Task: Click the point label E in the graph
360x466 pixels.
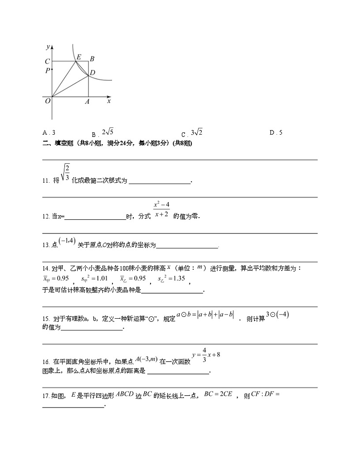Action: coord(79,57)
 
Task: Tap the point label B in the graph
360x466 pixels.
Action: coord(92,58)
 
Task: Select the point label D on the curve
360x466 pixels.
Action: coord(93,73)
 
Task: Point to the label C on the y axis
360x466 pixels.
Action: coord(47,62)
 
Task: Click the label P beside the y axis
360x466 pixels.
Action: coord(47,71)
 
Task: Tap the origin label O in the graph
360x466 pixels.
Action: coord(47,101)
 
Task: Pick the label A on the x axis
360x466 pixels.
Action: coord(87,102)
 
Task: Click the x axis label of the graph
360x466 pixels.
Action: coord(109,101)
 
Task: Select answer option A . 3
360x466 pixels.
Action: coord(49,133)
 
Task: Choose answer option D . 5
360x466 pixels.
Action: coord(276,133)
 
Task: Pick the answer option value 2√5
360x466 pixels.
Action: coord(108,132)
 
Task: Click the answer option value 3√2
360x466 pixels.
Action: coord(197,132)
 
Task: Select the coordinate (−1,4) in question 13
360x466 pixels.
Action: coord(67,242)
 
